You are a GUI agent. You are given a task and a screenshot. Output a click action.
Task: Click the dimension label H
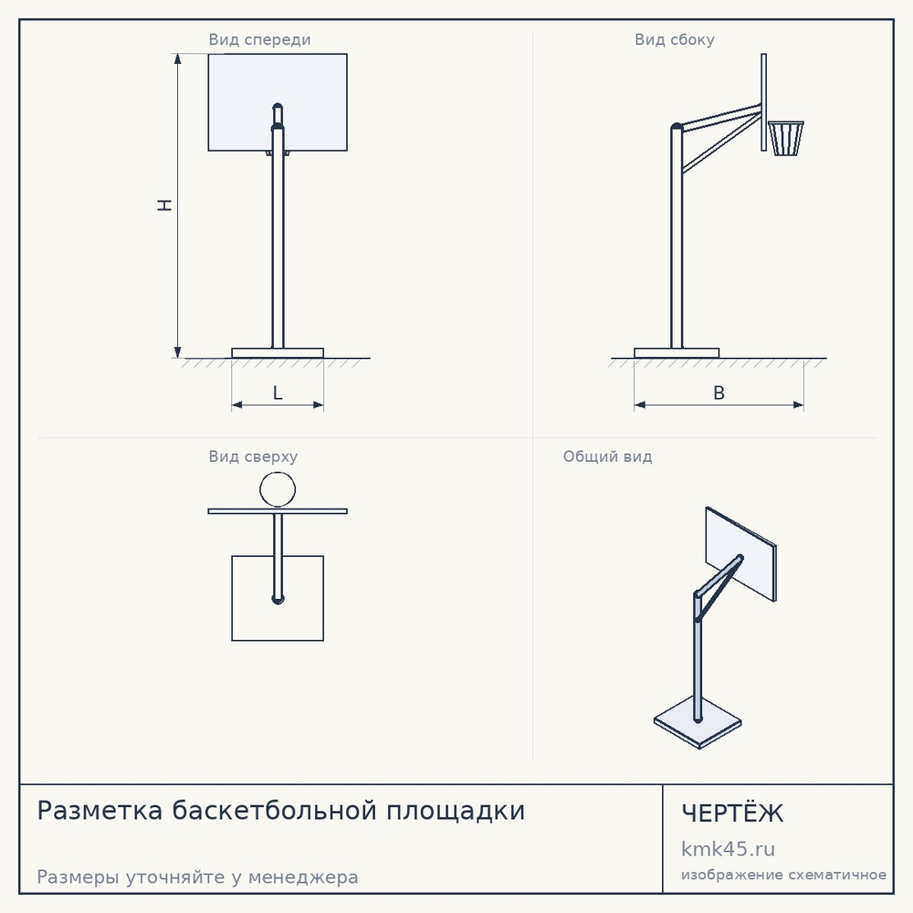pos(165,205)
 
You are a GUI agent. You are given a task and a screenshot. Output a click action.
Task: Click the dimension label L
pos(278,393)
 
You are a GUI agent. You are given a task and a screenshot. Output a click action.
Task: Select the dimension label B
pos(719,393)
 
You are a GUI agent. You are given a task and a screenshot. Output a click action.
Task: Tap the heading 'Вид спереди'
pos(259,39)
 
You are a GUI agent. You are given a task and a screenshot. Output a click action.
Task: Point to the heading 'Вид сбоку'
pos(675,39)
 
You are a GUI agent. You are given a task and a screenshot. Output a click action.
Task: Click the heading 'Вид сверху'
pos(253,456)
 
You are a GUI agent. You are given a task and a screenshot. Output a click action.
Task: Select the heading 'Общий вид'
pos(607,456)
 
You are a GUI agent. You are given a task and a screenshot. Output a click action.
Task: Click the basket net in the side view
pos(786,139)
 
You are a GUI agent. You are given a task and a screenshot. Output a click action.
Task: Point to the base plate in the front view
pos(278,352)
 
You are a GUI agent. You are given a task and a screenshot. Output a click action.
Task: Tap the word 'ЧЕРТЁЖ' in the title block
pos(732,813)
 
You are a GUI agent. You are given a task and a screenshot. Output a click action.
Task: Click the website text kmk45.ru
pos(728,849)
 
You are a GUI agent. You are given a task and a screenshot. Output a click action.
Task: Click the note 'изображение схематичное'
pos(783,876)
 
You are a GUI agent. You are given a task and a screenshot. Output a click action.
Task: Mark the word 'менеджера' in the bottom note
pos(303,877)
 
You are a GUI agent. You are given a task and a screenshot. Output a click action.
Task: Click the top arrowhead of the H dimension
pos(178,58)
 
